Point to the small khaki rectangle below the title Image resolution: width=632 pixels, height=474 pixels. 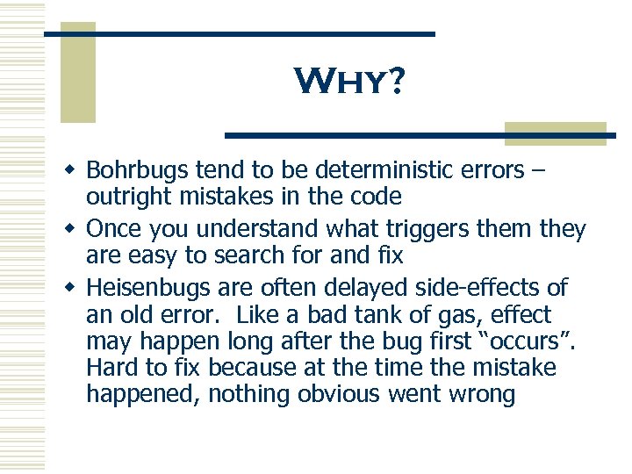coord(555,133)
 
